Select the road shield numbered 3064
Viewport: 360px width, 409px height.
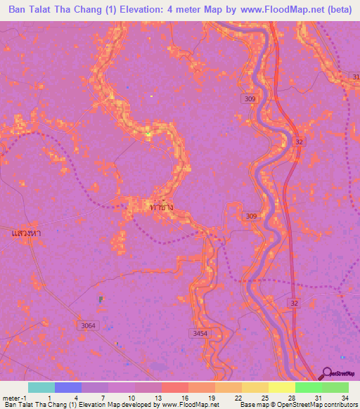click(x=88, y=325)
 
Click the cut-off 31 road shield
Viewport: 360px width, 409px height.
click(x=355, y=76)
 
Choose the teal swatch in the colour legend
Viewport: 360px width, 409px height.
click(x=41, y=388)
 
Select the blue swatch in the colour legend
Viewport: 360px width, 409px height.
click(x=68, y=388)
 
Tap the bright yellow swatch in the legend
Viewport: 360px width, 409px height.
click(x=281, y=388)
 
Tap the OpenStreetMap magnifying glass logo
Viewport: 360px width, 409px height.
click(x=326, y=373)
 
